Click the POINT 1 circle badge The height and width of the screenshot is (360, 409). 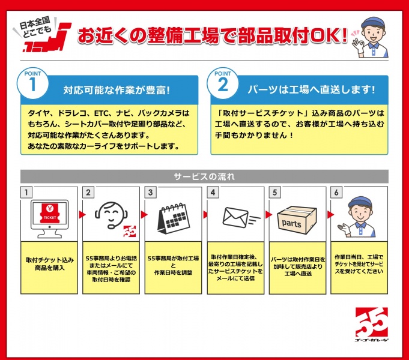coord(32,83)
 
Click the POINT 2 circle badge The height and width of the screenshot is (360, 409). coord(222,83)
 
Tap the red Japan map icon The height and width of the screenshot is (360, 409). coord(47,37)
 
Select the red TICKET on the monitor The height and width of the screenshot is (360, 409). coord(50,213)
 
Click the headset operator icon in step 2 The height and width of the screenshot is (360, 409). coord(111,215)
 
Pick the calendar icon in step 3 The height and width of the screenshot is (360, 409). coord(173,218)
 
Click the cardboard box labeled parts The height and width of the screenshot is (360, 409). coord(297,220)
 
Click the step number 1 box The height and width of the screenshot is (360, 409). coord(26,193)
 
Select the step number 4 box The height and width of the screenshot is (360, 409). coord(213,193)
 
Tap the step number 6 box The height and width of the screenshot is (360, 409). coord(336,193)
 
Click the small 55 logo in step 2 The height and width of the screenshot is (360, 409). coord(129,232)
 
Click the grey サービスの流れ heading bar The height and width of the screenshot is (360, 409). coord(204,176)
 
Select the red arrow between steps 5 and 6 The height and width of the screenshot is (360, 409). coord(330,215)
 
